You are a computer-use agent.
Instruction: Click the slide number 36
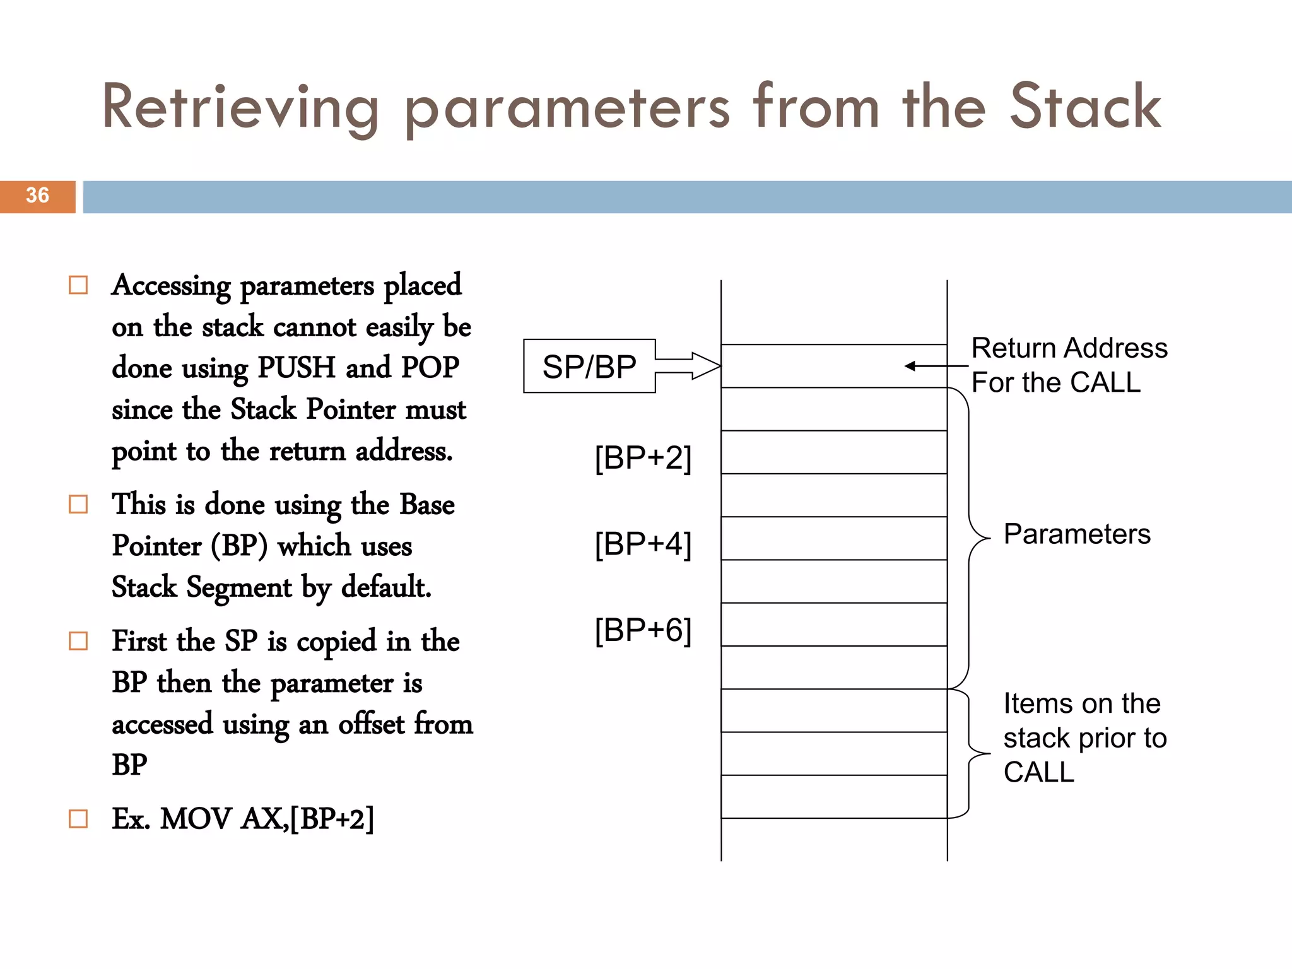point(37,196)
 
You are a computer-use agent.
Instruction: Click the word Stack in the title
point(1085,107)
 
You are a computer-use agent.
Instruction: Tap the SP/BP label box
point(589,367)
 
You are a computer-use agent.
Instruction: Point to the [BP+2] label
point(643,457)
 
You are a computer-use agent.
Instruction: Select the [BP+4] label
point(643,544)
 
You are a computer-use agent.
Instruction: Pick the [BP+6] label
point(643,630)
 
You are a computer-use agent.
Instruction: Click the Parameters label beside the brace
point(1077,534)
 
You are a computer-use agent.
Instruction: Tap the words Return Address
point(1069,348)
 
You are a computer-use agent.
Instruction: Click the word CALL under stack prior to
point(1038,772)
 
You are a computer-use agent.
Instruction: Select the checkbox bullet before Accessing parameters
point(78,285)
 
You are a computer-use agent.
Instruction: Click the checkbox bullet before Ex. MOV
point(78,819)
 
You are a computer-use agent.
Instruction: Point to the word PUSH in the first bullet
point(297,368)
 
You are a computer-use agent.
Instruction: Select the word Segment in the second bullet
point(239,587)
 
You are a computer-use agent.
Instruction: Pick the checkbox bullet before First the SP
point(78,641)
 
